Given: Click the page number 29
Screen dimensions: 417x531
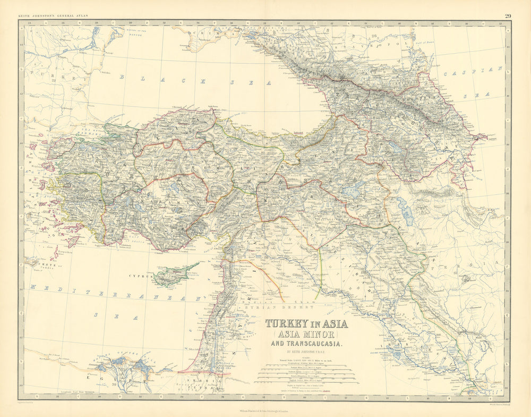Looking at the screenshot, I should coord(508,16).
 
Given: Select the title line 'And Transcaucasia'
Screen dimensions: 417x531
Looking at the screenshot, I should coord(307,344).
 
